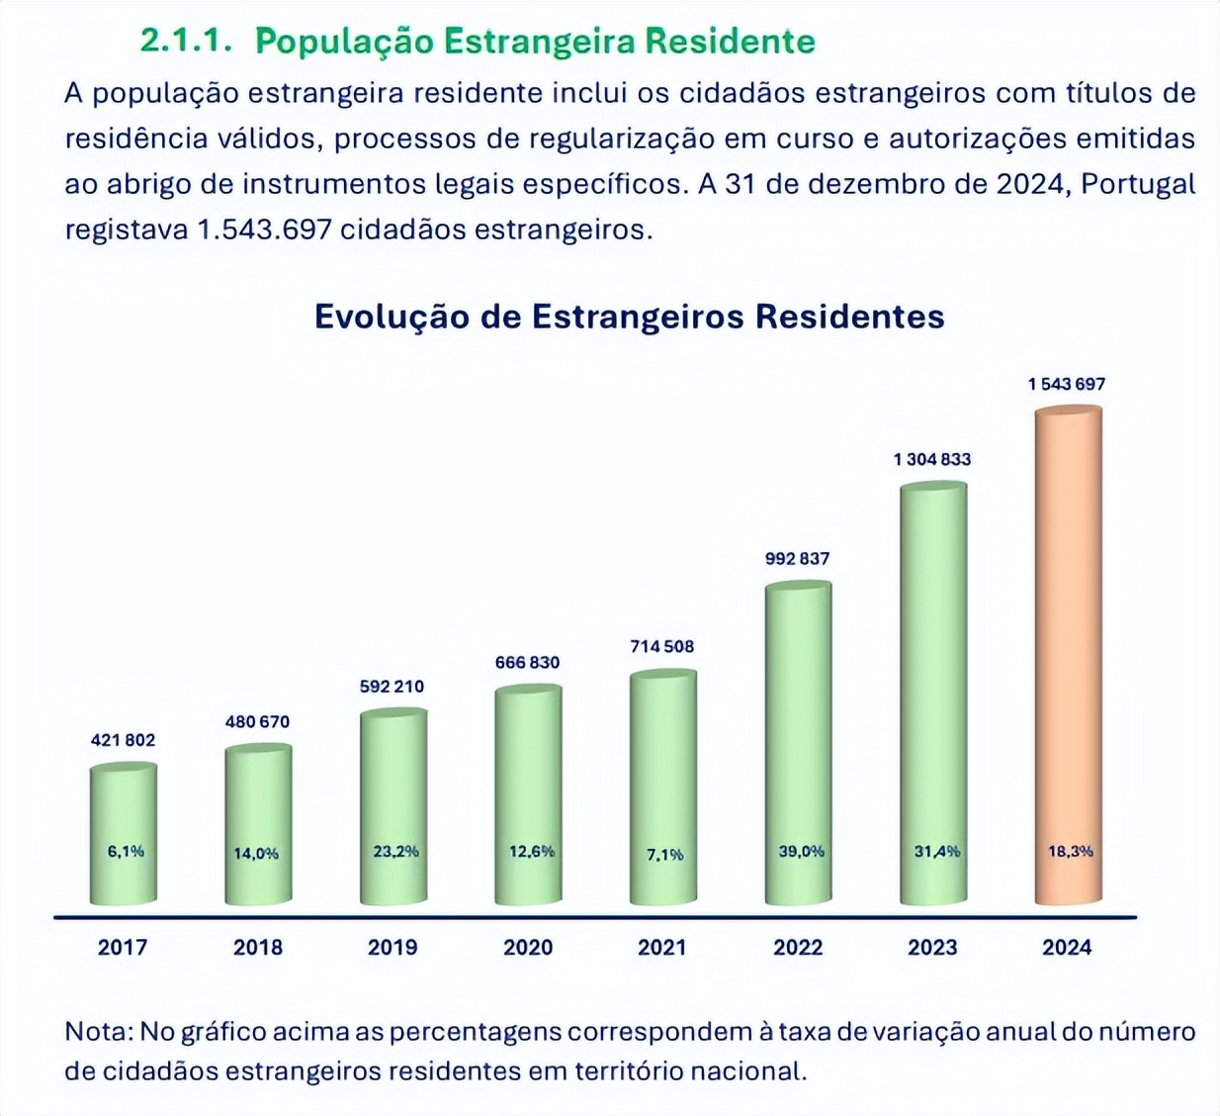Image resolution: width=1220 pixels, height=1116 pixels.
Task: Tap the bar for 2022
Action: pyautogui.click(x=798, y=742)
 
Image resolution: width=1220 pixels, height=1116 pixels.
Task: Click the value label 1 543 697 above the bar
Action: pyautogui.click(x=1066, y=384)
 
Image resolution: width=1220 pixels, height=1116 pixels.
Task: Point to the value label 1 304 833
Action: pyautogui.click(x=931, y=459)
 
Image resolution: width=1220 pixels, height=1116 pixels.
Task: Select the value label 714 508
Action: pyautogui.click(x=661, y=646)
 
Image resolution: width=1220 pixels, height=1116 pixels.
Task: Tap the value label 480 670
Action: pyautogui.click(x=257, y=721)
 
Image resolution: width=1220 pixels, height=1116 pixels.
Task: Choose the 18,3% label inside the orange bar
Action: pyautogui.click(x=1071, y=851)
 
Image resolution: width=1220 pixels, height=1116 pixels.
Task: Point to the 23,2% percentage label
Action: pyautogui.click(x=395, y=851)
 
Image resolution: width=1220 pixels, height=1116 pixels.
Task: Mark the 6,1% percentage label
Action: pyautogui.click(x=126, y=851)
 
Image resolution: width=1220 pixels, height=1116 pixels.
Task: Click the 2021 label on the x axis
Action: pyautogui.click(x=661, y=947)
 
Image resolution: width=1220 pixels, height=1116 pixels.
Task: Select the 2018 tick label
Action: pyautogui.click(x=257, y=947)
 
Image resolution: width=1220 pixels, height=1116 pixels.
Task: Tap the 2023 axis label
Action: pyautogui.click(x=932, y=947)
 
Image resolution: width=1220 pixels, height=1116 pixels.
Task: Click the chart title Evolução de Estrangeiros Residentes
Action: pyautogui.click(x=629, y=317)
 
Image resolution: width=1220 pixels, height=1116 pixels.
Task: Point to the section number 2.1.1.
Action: pyautogui.click(x=186, y=42)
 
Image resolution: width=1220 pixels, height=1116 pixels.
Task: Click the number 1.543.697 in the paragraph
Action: pyautogui.click(x=264, y=230)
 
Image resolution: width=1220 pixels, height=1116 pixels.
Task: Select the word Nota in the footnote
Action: pyautogui.click(x=97, y=1032)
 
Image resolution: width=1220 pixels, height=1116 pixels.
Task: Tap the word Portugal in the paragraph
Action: pyautogui.click(x=1138, y=184)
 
